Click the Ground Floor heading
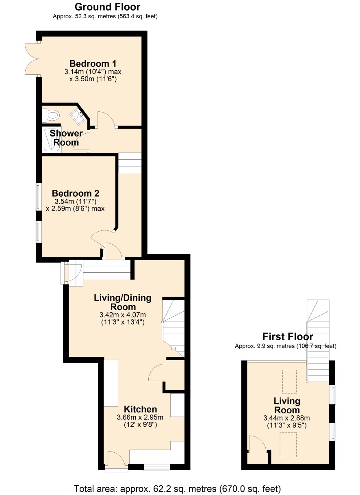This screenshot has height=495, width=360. tap(107, 7)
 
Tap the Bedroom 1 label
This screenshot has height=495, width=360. tap(93, 64)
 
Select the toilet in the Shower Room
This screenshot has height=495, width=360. tap(51, 115)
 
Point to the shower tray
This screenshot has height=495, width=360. tap(52, 141)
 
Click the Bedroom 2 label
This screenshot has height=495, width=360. tap(76, 193)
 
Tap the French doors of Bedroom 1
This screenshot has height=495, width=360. tap(32, 59)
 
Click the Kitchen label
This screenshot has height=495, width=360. tap(140, 409)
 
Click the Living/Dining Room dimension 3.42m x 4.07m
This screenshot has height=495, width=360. tap(123, 315)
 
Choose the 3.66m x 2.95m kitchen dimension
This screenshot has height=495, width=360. tap(140, 417)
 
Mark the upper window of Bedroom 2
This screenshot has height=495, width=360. tap(38, 197)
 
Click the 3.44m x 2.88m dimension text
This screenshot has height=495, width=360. tap(286, 418)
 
